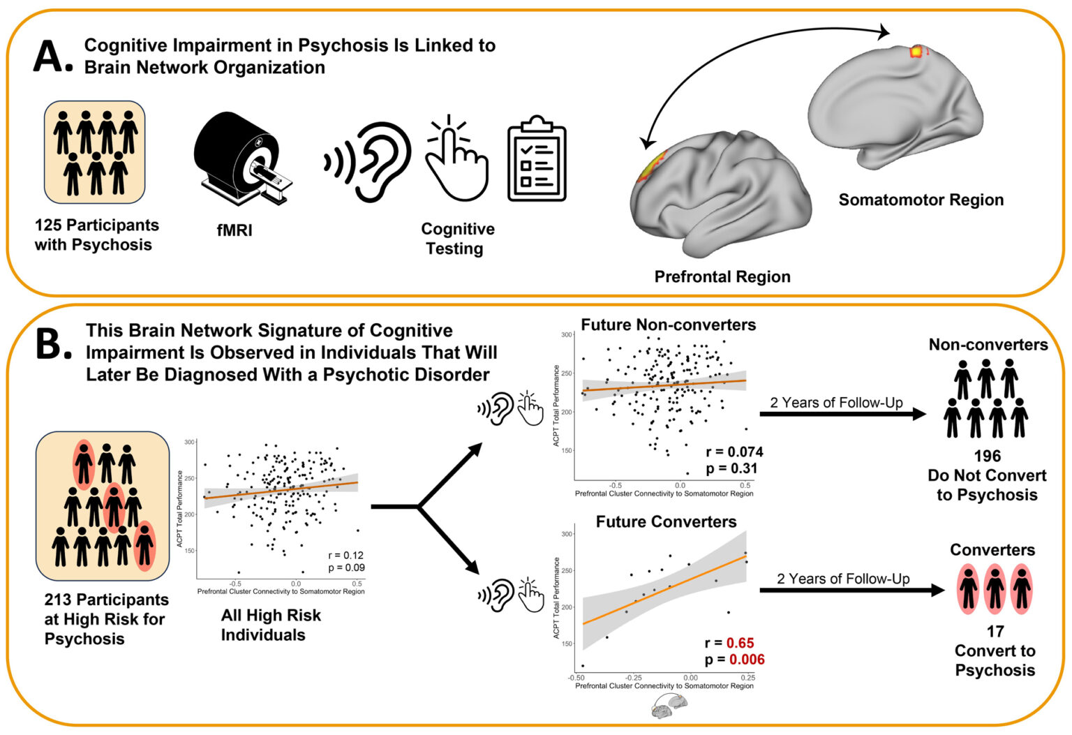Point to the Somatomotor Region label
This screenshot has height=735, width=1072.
point(921,200)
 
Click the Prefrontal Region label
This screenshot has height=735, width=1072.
point(722,277)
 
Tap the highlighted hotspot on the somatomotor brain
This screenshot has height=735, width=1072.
point(916,51)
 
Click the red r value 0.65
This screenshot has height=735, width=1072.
point(740,643)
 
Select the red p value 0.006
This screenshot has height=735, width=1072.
point(746,660)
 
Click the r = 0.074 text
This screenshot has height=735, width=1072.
point(734,452)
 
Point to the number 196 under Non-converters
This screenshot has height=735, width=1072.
point(987,456)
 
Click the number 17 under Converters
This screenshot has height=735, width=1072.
point(995,632)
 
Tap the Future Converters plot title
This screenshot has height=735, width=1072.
point(666,522)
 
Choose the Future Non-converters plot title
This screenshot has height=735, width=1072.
point(668,325)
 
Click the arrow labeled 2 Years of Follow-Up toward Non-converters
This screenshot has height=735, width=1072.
point(842,415)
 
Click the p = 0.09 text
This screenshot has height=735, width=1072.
point(346,567)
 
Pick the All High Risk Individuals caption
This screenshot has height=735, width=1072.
point(270,625)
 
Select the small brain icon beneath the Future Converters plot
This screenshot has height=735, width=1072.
point(668,707)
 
